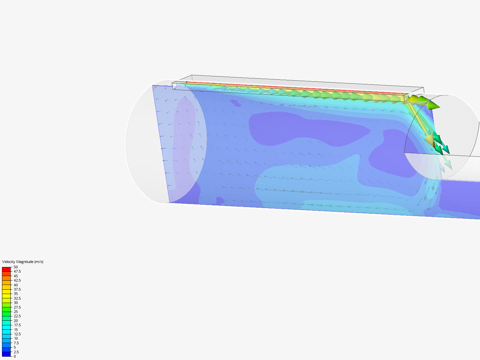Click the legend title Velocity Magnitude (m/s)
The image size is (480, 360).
pyautogui.click(x=23, y=262)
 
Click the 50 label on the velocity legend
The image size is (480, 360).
pyautogui.click(x=16, y=267)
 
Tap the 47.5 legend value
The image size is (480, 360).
pyautogui.click(x=17, y=271)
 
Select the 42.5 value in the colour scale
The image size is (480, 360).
pyautogui.click(x=17, y=280)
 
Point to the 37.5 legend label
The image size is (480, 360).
pyautogui.click(x=17, y=289)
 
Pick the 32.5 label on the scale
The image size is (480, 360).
pyautogui.click(x=17, y=298)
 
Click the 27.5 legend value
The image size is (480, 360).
pyautogui.click(x=17, y=307)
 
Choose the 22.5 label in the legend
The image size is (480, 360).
pyautogui.click(x=17, y=316)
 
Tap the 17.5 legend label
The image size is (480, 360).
pyautogui.click(x=17, y=325)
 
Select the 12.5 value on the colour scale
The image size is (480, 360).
pyautogui.click(x=17, y=334)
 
